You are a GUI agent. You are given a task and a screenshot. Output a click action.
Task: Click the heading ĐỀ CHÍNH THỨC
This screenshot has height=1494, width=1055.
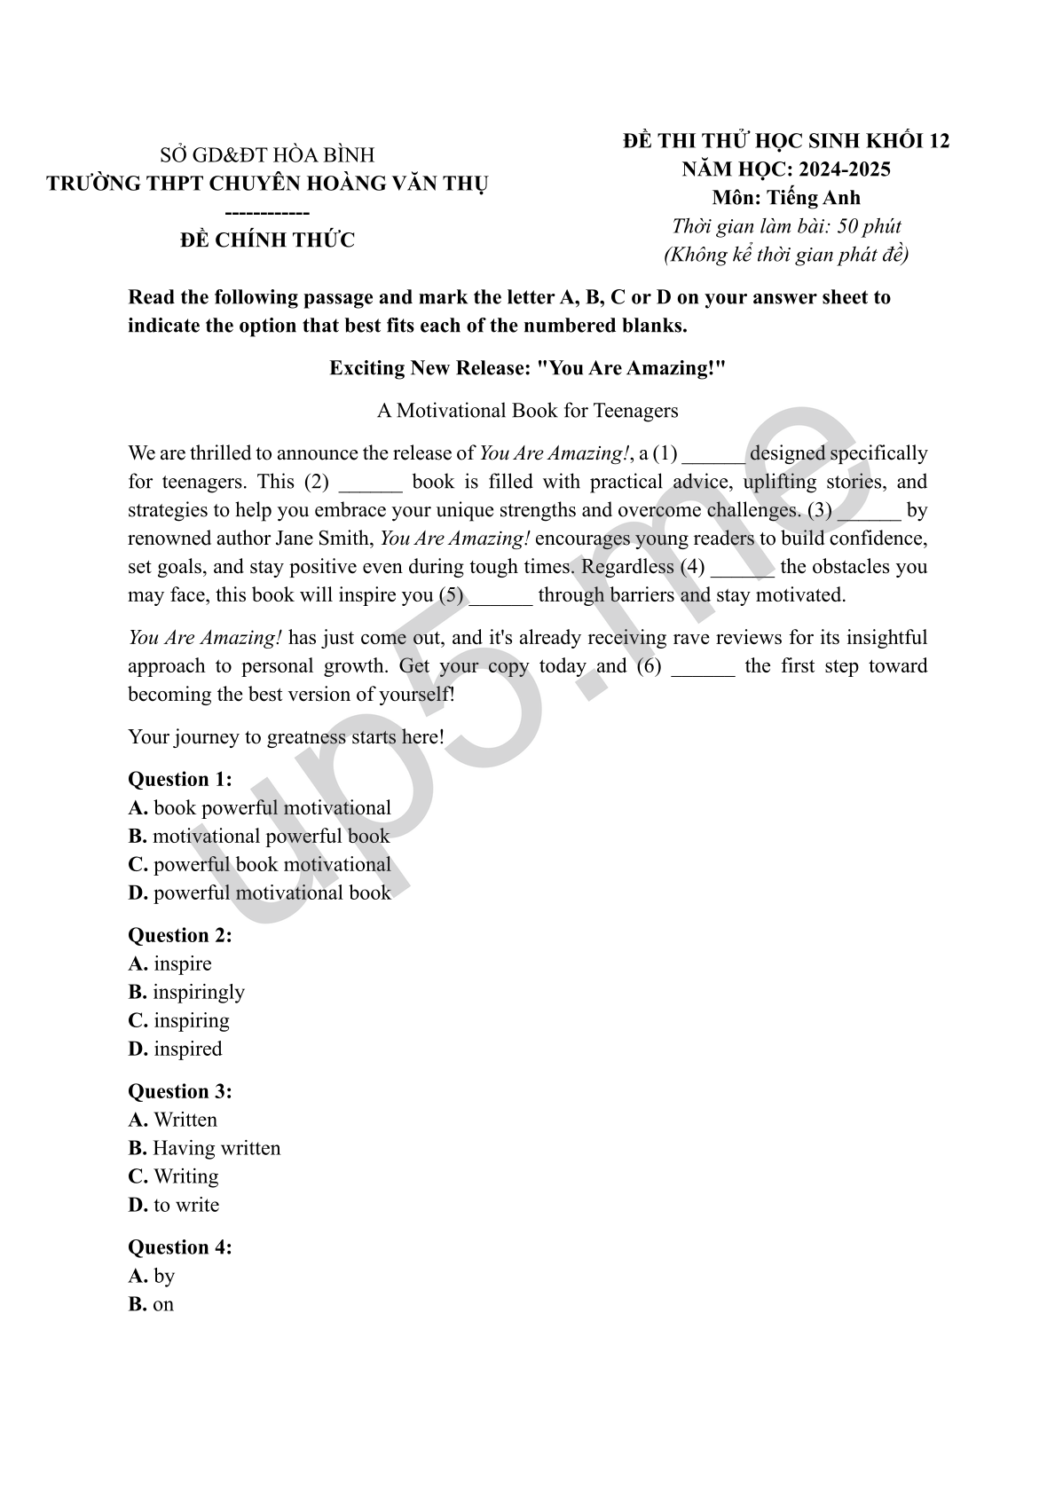[267, 240]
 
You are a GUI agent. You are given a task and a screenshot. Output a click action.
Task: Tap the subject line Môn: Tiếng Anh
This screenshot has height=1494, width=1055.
[785, 198]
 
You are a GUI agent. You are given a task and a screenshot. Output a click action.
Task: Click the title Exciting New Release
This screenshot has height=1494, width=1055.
[527, 368]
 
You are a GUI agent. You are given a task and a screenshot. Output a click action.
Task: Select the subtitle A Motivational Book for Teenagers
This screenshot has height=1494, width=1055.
[527, 411]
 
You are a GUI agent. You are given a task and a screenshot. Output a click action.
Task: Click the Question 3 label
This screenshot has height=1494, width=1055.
[180, 1092]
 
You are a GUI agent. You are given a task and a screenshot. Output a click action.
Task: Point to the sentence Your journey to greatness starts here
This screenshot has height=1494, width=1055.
[286, 737]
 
